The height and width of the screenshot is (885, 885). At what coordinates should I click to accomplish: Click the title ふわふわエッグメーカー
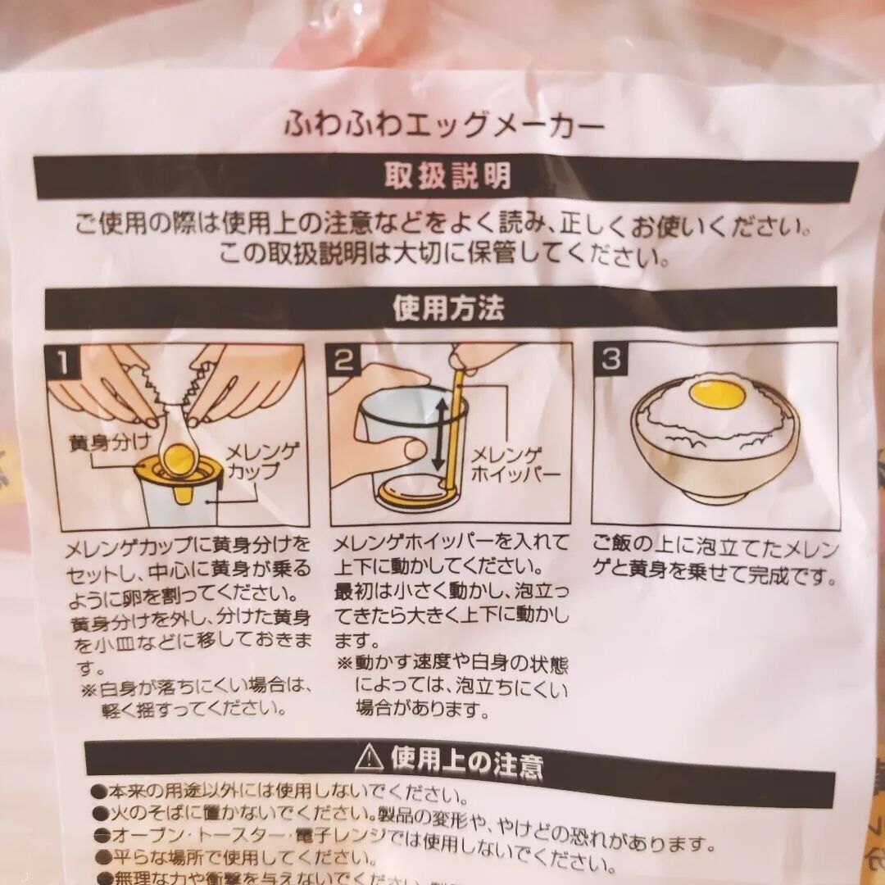pyautogui.click(x=444, y=125)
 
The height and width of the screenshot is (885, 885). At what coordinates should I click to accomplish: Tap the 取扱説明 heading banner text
pyautogui.click(x=447, y=176)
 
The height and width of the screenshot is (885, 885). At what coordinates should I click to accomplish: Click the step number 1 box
pyautogui.click(x=63, y=361)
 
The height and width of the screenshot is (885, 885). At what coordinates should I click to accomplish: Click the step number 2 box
pyautogui.click(x=343, y=361)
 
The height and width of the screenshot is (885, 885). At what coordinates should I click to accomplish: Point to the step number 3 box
pyautogui.click(x=610, y=360)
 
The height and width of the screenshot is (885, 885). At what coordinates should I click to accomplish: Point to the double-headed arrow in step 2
pyautogui.click(x=439, y=434)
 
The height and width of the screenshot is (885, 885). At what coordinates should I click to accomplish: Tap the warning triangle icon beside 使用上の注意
pyautogui.click(x=370, y=758)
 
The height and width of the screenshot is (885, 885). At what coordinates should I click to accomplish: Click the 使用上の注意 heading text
pyautogui.click(x=467, y=765)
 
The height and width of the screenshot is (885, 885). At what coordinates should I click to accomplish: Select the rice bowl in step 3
pyautogui.click(x=715, y=447)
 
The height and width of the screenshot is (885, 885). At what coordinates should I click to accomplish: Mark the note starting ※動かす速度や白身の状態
pyautogui.click(x=452, y=687)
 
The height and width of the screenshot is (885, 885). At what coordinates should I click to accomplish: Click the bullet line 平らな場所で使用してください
pyautogui.click(x=238, y=857)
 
